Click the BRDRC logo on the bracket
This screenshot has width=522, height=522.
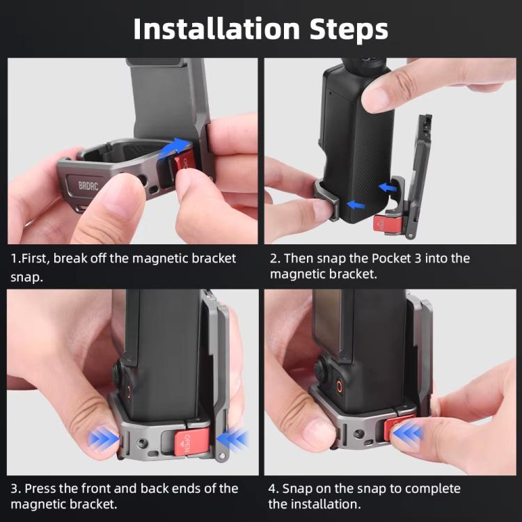tap(88, 187)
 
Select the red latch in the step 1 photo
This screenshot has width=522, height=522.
tap(187, 166)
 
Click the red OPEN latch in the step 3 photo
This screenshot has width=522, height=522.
tap(180, 441)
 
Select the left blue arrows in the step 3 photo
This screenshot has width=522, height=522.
tap(104, 438)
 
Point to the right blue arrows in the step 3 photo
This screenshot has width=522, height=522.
tap(232, 438)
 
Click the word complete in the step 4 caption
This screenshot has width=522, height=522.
tap(429, 489)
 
